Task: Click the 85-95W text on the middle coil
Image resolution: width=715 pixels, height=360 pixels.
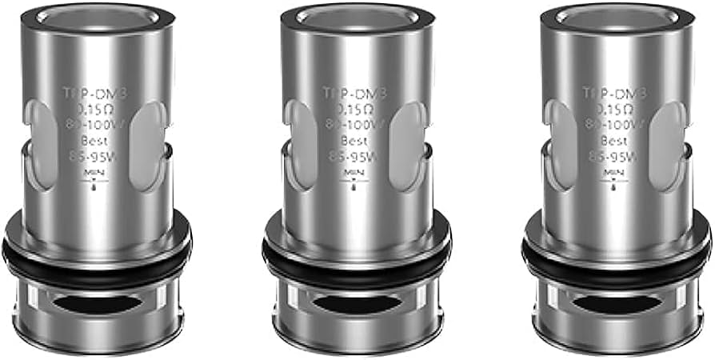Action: click(x=354, y=157)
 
